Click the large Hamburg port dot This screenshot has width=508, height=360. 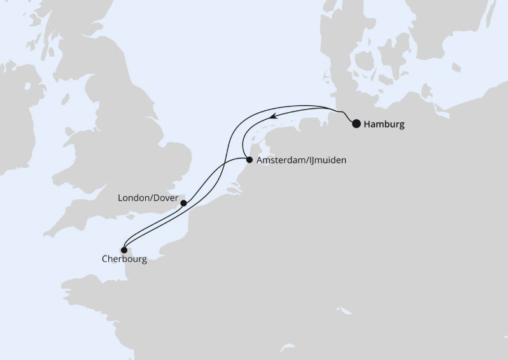point(356,124)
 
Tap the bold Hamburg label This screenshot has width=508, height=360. point(384,124)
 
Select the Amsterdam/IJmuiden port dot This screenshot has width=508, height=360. point(249,160)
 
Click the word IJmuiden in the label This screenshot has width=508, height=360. point(326,161)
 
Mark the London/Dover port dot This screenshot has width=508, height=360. point(183,203)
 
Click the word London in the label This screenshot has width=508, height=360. point(134,198)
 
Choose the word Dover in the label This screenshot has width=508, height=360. point(166,198)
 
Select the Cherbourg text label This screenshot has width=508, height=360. point(123,259)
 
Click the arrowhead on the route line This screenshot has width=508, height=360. point(272,116)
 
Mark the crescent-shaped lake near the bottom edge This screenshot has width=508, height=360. point(345,311)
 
